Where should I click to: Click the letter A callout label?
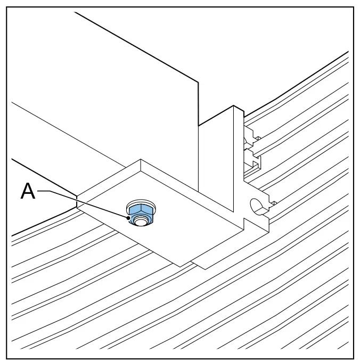tap(28, 191)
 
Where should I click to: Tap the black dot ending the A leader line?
tap(128, 218)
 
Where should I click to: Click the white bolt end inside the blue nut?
tap(140, 221)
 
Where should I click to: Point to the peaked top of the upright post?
tap(234, 106)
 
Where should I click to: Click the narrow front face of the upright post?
tap(239, 161)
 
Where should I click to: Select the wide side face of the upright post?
tap(216, 158)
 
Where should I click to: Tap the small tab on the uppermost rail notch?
tap(258, 138)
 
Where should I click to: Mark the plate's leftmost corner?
tap(77, 197)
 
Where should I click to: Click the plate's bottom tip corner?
tap(181, 267)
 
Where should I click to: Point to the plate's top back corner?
tap(141, 160)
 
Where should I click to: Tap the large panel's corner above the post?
tap(198, 81)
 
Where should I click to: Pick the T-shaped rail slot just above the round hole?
tap(252, 161)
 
